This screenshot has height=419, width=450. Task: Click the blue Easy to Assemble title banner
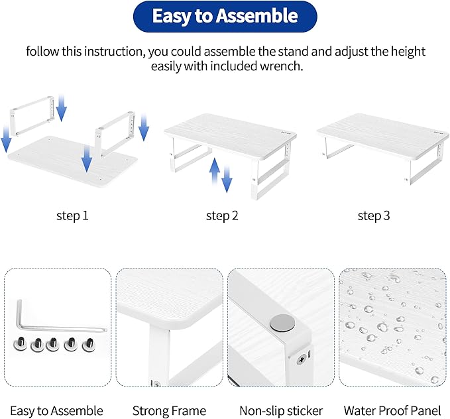(225, 17)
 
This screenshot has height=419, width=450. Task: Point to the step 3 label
(373, 215)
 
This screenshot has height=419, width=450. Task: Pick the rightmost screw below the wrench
(87, 344)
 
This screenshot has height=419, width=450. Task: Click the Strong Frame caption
(169, 411)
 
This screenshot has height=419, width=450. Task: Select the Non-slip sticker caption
(282, 411)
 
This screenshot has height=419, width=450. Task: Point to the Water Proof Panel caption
(392, 411)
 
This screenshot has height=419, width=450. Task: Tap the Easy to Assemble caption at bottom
(56, 411)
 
